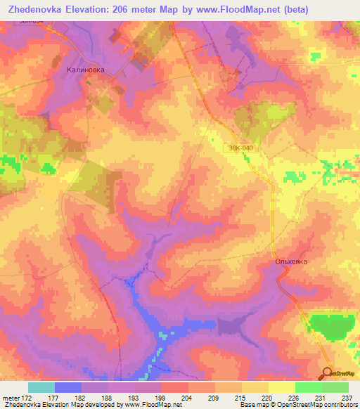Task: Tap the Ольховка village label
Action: click(x=290, y=262)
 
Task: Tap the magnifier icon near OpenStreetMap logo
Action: click(x=327, y=374)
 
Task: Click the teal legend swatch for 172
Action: click(x=41, y=387)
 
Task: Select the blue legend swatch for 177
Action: click(x=67, y=387)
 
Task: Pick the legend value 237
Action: click(x=345, y=398)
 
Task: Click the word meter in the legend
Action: click(x=13, y=398)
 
